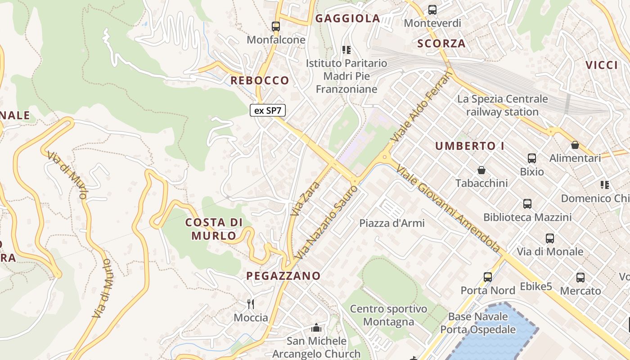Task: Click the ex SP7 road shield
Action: (x=268, y=110)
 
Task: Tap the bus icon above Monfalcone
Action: (x=276, y=27)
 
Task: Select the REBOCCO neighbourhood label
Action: (x=260, y=81)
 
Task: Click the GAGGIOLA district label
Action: (x=347, y=18)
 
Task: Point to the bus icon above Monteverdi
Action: (x=432, y=9)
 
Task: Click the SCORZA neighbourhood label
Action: (x=441, y=44)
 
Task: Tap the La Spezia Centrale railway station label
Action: (x=502, y=105)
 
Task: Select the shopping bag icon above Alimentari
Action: (x=575, y=145)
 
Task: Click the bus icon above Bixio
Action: (x=532, y=158)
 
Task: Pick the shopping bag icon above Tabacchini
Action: (x=481, y=170)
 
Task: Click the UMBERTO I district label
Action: (x=470, y=146)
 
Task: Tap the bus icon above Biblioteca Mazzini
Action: (x=527, y=204)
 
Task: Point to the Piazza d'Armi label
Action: (x=392, y=223)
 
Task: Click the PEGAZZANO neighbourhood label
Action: (x=283, y=276)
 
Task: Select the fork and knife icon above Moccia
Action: (x=251, y=304)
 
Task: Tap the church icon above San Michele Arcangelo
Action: (x=316, y=328)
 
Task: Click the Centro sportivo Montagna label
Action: (x=388, y=315)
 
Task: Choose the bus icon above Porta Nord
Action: (x=488, y=277)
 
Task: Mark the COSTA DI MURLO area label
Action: (x=214, y=229)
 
